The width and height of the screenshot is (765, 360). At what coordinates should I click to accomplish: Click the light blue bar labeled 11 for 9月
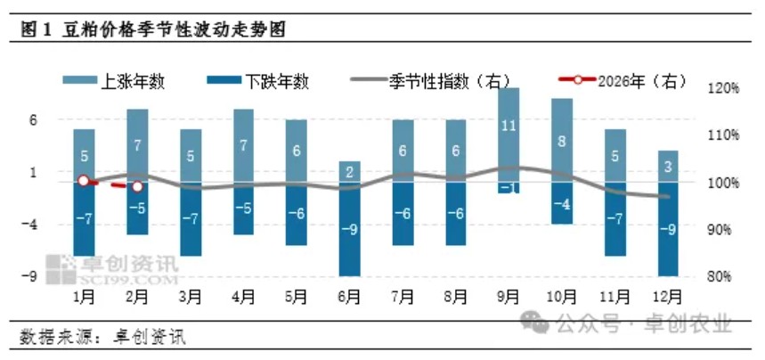click(509, 134)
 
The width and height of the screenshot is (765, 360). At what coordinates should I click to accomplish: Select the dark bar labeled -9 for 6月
click(349, 229)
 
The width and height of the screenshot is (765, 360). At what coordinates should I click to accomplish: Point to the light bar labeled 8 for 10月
click(562, 140)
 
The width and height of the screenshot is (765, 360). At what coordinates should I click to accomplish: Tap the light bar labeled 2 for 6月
click(349, 171)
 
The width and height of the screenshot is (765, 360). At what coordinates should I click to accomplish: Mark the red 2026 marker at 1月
click(84, 181)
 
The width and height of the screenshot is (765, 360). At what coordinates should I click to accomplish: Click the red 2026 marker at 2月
click(137, 187)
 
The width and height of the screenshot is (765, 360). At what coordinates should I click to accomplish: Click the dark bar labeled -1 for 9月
click(509, 187)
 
